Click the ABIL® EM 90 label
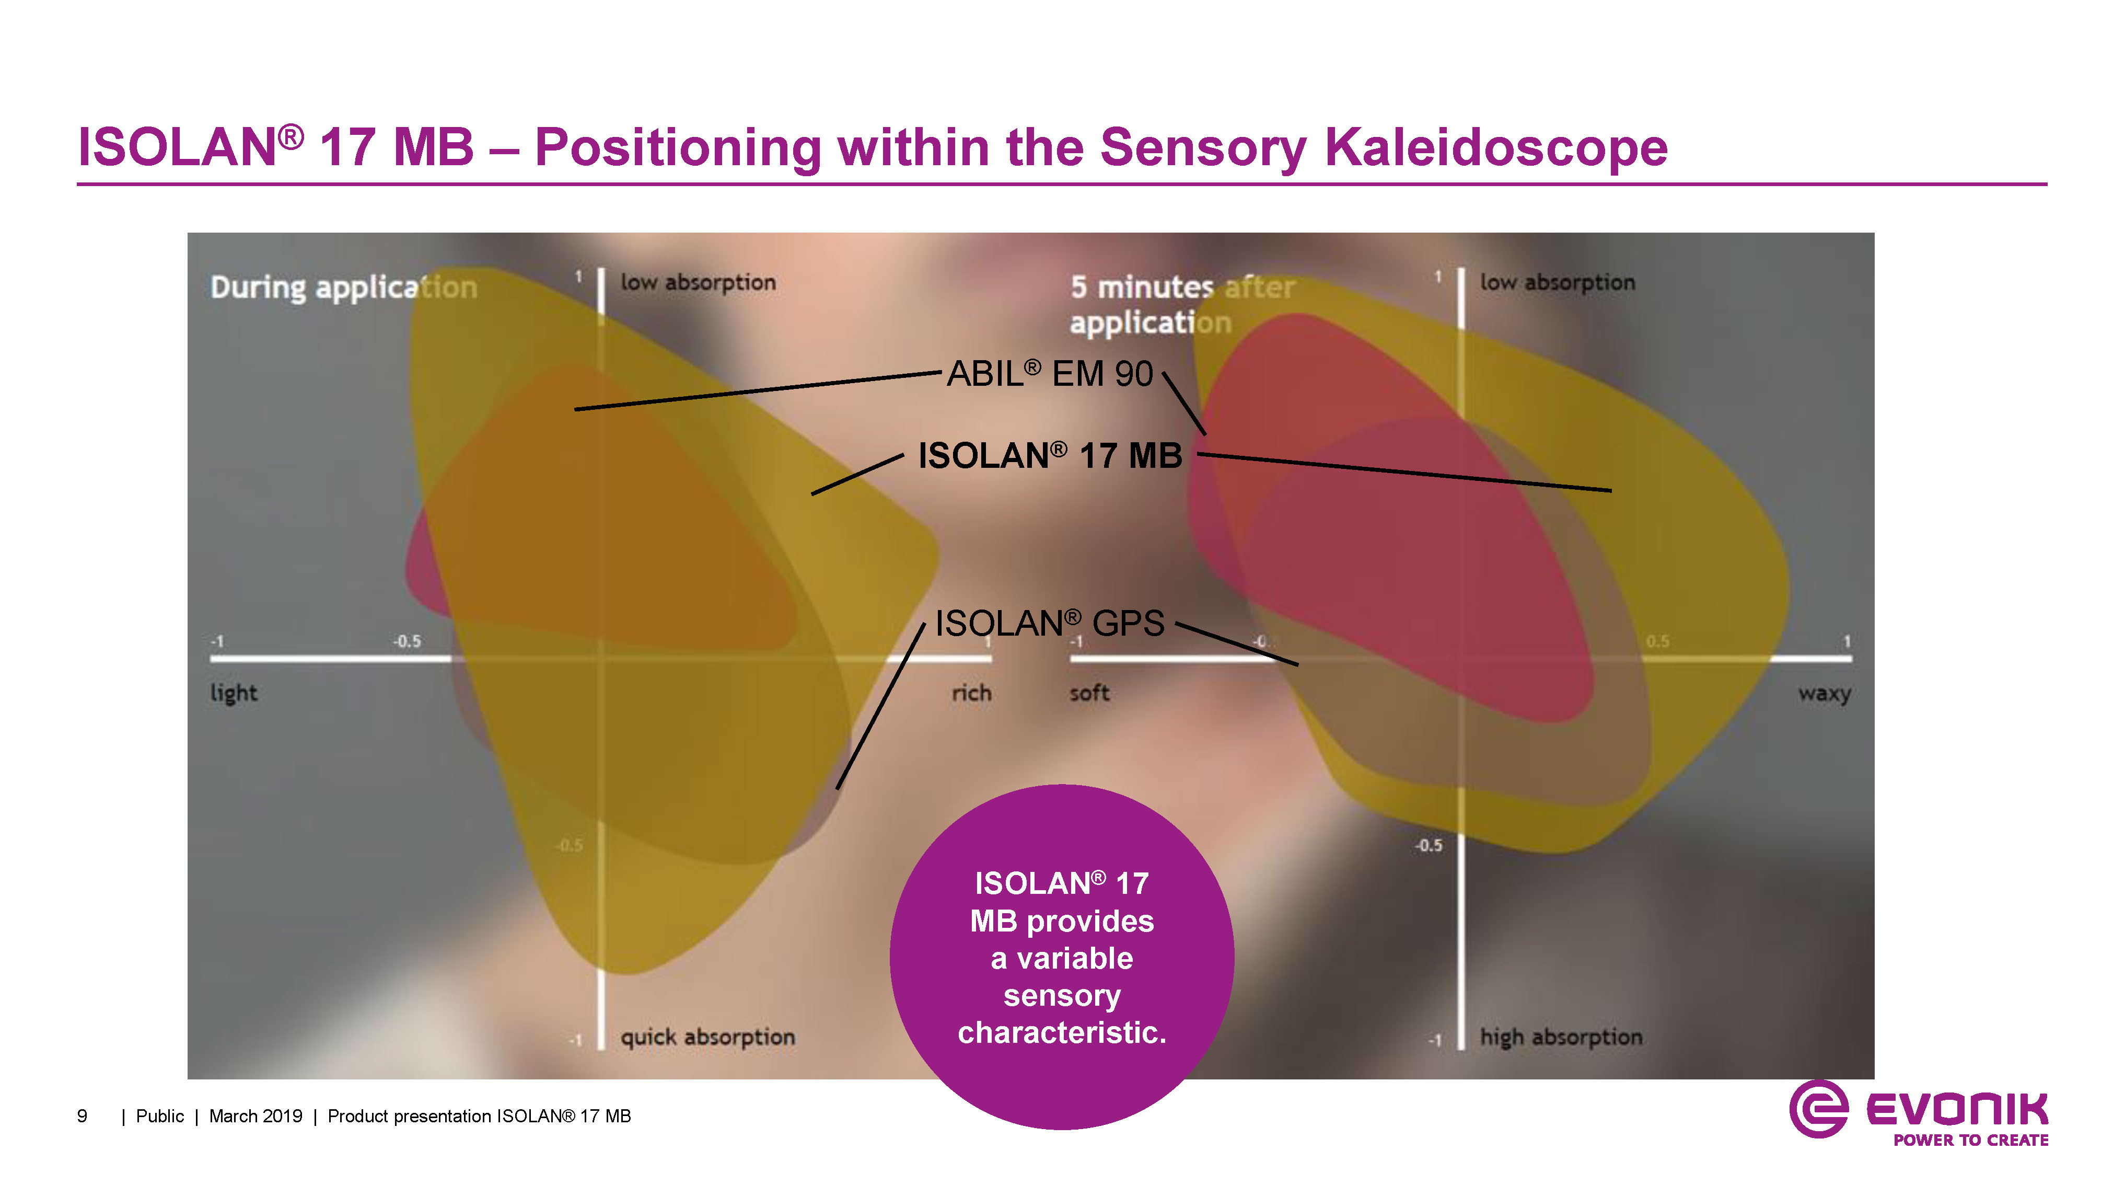(x=1049, y=374)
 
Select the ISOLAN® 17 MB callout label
(x=1049, y=456)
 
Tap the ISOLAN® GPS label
(x=1049, y=623)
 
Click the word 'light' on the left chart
(x=234, y=693)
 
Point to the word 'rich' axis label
(x=971, y=693)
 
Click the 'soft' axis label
(x=1089, y=693)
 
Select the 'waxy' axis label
(x=1824, y=693)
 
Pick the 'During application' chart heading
(x=343, y=287)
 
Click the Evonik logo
(x=1918, y=1114)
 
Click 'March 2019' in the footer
(x=256, y=1117)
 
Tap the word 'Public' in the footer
(x=160, y=1117)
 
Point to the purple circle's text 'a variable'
(x=1062, y=958)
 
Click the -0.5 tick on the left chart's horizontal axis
(x=407, y=641)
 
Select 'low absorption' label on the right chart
(x=1557, y=282)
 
